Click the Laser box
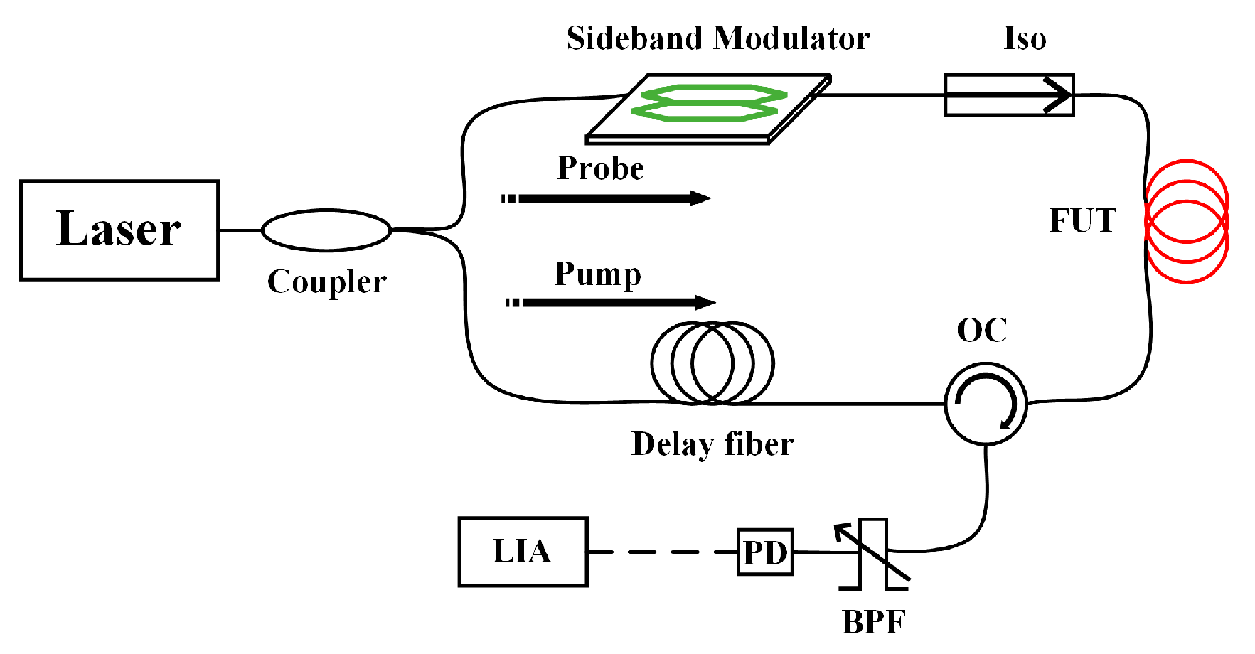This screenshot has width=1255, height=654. click(x=119, y=230)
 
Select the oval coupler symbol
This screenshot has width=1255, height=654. click(x=326, y=230)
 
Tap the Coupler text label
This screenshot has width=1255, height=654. click(x=326, y=282)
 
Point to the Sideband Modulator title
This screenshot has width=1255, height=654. click(x=718, y=39)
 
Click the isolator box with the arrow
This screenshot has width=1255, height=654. click(x=1008, y=95)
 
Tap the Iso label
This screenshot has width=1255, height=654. click(x=1025, y=39)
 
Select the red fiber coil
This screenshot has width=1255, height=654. click(x=1186, y=222)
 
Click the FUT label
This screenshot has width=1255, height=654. click(x=1082, y=221)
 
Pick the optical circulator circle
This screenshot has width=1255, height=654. click(x=986, y=403)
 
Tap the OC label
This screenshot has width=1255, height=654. click(x=982, y=331)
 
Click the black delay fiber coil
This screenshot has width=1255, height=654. click(x=712, y=363)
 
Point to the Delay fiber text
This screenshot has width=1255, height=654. click(x=712, y=444)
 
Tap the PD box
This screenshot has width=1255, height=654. click(x=765, y=552)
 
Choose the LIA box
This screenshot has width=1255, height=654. click(x=523, y=552)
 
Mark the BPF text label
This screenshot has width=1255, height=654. click(x=873, y=623)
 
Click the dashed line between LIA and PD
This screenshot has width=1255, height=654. click(x=661, y=552)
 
